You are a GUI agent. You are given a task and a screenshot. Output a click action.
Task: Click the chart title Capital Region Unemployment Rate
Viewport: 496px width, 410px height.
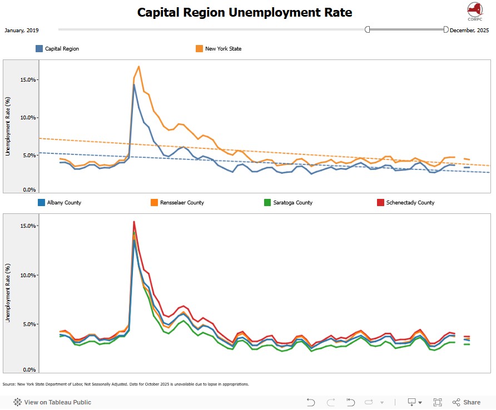tap(245, 12)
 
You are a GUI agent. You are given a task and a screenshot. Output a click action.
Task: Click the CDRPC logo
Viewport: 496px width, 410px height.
tap(474, 11)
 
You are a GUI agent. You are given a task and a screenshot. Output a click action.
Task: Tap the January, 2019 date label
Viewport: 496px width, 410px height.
tap(22, 30)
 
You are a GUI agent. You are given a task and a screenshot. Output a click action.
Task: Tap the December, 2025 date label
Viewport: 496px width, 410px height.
tap(469, 30)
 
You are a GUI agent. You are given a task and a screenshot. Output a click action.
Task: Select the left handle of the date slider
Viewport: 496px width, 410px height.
tap(368, 29)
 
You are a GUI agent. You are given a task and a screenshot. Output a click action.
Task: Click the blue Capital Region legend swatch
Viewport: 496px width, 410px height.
tap(39, 49)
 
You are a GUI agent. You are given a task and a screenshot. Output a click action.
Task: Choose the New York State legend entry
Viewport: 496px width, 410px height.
tap(223, 49)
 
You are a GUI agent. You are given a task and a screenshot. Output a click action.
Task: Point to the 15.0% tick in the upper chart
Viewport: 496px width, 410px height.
tap(28, 79)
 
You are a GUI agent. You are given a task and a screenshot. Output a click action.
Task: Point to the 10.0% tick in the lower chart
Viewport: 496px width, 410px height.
tap(28, 275)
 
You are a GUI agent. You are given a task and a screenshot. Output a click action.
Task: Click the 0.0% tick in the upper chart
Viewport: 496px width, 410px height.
tap(29, 190)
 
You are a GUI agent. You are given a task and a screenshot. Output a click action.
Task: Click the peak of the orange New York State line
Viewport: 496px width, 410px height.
tap(138, 67)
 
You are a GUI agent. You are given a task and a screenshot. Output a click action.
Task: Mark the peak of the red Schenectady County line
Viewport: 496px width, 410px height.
tap(134, 222)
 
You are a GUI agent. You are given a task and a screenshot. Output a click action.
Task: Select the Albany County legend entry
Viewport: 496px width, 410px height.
tap(64, 203)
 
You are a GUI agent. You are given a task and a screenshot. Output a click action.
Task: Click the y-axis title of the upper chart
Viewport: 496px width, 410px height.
tap(8, 127)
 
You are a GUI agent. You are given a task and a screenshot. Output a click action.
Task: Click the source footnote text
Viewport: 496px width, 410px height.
tap(125, 384)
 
